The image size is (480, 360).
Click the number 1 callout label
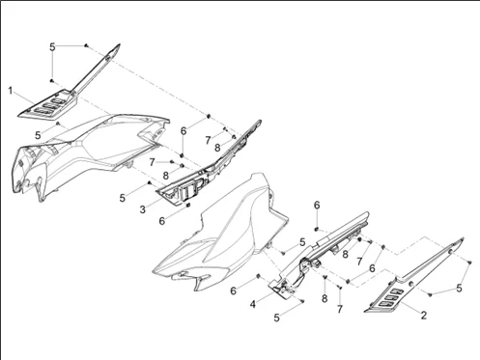coord(11,91)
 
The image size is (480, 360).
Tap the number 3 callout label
coord(142,209)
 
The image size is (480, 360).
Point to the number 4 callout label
coord(252,304)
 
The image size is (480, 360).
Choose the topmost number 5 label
coord(53,46)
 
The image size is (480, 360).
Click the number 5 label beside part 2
coord(459,274)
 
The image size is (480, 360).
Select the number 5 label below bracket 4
coord(277,317)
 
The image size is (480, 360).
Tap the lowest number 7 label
coord(339,311)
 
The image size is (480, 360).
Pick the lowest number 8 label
coord(325,299)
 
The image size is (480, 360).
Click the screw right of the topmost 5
coord(87,45)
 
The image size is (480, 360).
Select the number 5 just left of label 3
coord(123,198)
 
